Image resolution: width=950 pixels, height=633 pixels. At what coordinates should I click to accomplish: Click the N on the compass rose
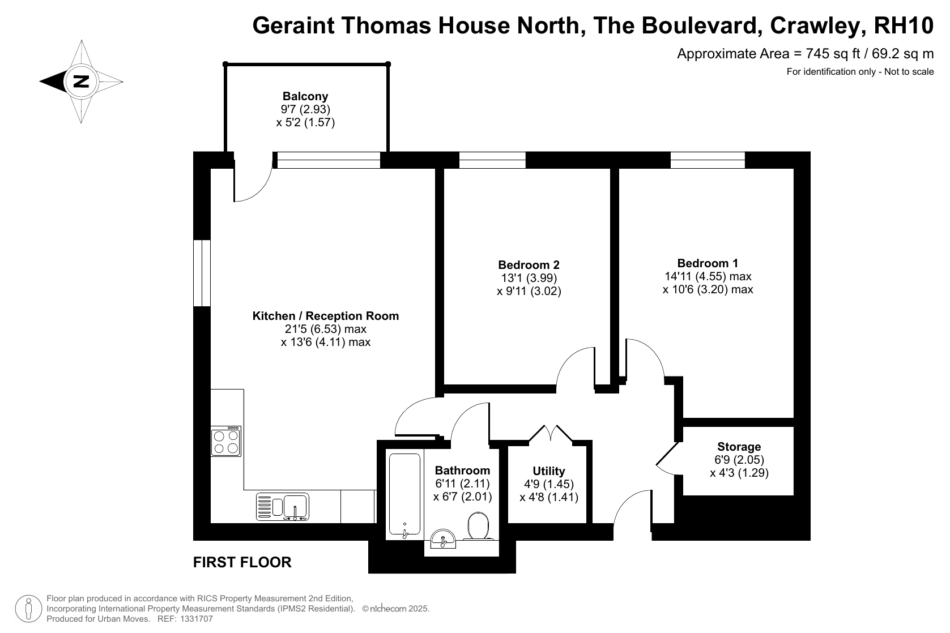pos(81,81)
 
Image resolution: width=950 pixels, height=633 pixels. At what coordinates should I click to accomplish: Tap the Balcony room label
pos(305,96)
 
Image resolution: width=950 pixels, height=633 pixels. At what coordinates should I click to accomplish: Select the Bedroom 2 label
pos(529,265)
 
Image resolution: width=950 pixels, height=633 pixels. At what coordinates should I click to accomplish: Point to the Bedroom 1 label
pos(708,263)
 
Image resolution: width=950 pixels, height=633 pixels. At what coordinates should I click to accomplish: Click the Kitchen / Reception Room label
pos(326,316)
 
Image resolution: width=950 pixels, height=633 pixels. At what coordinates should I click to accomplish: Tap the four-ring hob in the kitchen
pos(226,442)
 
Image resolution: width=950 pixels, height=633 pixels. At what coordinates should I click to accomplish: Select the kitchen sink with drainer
pos(283,507)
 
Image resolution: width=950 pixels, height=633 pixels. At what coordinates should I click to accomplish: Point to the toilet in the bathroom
pos(478,526)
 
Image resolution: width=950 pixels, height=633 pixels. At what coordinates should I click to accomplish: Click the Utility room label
pos(549,471)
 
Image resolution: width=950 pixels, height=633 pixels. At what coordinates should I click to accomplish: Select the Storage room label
pos(739,447)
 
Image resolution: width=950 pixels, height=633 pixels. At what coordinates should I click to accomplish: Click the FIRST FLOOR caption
pos(242,562)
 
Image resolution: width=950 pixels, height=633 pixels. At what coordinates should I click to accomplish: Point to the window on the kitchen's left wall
pos(202,273)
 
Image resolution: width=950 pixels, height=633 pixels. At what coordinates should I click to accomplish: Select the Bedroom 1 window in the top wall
pos(708,160)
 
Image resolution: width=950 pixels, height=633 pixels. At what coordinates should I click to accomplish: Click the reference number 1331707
pos(197,619)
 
